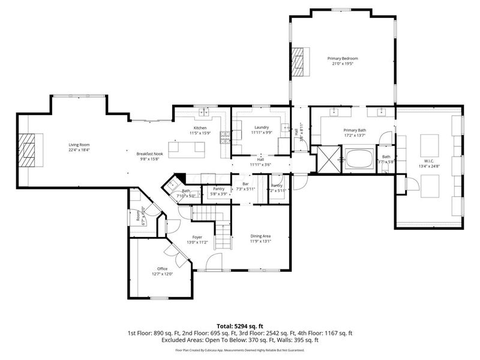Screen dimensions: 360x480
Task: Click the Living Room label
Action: click(x=79, y=145)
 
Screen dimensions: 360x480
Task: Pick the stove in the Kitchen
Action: click(x=226, y=137)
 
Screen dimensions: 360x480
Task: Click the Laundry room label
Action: click(x=261, y=127)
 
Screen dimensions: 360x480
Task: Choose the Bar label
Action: click(x=245, y=184)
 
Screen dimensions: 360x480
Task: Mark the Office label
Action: click(x=162, y=269)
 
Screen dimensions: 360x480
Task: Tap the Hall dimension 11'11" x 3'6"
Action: click(x=260, y=164)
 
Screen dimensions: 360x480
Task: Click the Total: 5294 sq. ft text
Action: click(x=239, y=325)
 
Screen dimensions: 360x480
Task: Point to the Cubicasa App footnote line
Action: click(x=239, y=350)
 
